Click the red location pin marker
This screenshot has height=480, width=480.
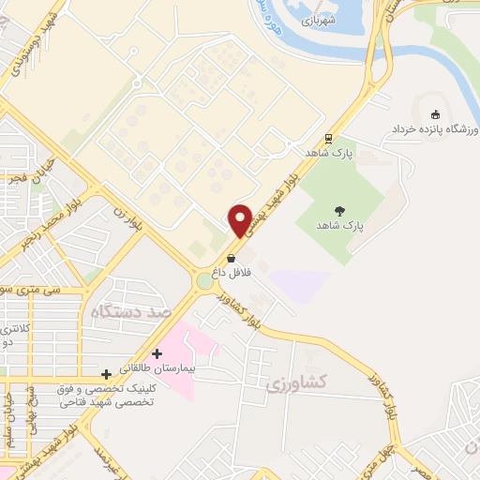(x=240, y=220)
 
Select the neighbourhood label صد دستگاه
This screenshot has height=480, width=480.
(x=130, y=311)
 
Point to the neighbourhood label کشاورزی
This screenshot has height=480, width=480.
(x=286, y=384)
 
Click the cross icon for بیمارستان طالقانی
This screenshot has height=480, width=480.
(x=157, y=353)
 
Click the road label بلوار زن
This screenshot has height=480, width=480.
(x=125, y=222)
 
